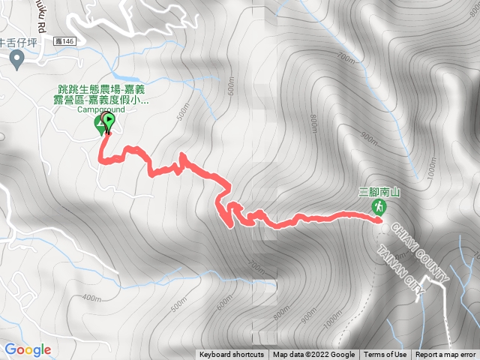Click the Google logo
click(x=28, y=349)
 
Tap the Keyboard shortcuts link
click(x=232, y=355)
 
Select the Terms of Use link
click(x=385, y=355)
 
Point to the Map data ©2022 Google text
click(x=313, y=355)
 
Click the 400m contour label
click(x=91, y=298)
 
